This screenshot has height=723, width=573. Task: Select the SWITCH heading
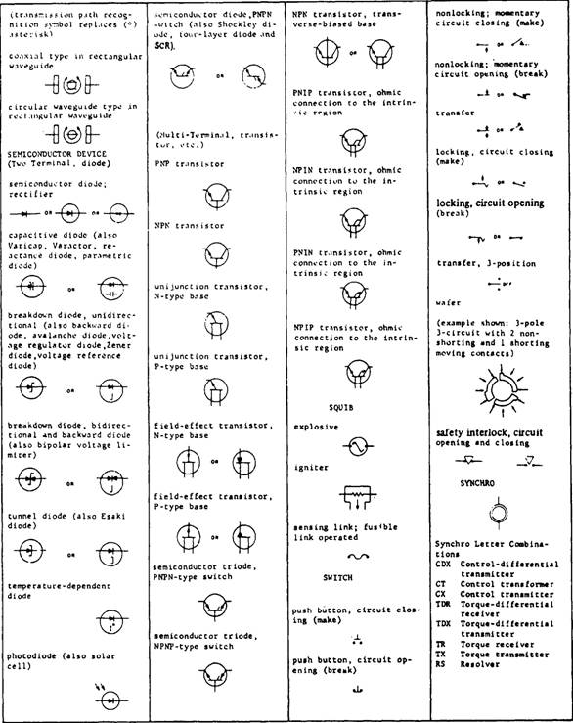[x=338, y=577]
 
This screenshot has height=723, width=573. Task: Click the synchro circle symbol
[x=500, y=512]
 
